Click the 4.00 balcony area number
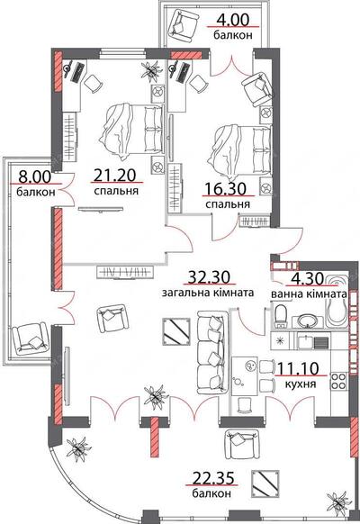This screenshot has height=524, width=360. click(x=233, y=20)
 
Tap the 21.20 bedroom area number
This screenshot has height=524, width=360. click(x=114, y=175)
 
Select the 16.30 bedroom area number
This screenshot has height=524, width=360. click(x=225, y=189)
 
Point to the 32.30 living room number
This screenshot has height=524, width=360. click(x=209, y=277)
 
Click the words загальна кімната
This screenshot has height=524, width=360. click(x=208, y=294)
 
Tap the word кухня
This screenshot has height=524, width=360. click(x=301, y=384)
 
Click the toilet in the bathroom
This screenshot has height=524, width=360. click(x=281, y=315)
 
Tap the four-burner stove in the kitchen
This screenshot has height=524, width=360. click(x=338, y=381)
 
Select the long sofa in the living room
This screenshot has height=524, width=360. click(x=212, y=352)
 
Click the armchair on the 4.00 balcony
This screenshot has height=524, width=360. click(x=182, y=24)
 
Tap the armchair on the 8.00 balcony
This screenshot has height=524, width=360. click(x=30, y=339)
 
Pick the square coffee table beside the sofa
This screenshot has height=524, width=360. click(x=176, y=331)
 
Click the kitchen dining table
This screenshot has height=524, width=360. click(x=245, y=376)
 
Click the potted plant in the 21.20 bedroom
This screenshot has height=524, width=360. click(x=151, y=71)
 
